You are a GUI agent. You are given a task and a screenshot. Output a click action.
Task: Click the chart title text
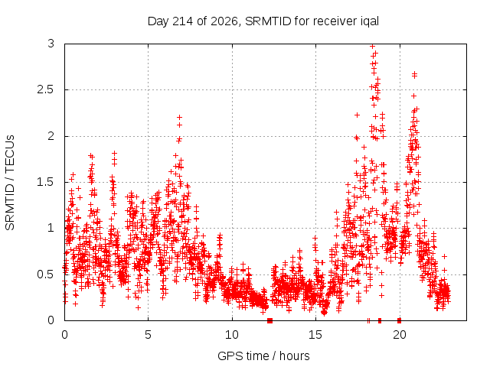pyautogui.click(x=263, y=21)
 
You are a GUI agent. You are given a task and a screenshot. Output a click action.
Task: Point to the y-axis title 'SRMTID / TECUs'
pyautogui.click(x=10, y=183)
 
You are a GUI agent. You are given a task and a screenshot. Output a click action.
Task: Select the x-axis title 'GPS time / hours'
pyautogui.click(x=263, y=356)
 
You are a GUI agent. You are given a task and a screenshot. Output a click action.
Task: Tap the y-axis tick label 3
pyautogui.click(x=51, y=44)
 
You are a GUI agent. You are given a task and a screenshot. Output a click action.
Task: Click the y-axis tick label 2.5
pyautogui.click(x=46, y=90)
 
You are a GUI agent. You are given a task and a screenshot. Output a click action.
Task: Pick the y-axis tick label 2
pyautogui.click(x=51, y=136)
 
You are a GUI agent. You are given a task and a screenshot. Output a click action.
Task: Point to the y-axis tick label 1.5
pyautogui.click(x=46, y=182)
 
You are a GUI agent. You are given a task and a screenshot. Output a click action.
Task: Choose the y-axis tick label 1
pyautogui.click(x=51, y=228)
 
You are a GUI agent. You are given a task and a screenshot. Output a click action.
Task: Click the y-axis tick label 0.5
pyautogui.click(x=46, y=274)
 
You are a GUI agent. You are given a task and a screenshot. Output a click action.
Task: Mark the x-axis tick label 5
pyautogui.click(x=148, y=335)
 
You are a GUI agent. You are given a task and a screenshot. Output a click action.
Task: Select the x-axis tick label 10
pyautogui.click(x=231, y=335)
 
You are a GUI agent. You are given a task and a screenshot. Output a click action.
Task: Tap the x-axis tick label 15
pyautogui.click(x=315, y=335)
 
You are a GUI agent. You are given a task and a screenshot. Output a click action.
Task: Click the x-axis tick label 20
pyautogui.click(x=399, y=335)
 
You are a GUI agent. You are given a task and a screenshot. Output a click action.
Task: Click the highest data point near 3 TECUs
pyautogui.click(x=372, y=47)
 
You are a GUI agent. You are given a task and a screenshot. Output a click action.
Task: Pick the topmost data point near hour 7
pyautogui.click(x=179, y=117)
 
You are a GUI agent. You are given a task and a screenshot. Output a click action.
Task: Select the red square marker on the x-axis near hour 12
pyautogui.click(x=270, y=320)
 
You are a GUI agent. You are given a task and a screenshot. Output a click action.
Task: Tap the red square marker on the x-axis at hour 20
pyautogui.click(x=399, y=320)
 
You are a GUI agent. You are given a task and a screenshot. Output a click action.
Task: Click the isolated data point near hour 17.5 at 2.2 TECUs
pyautogui.click(x=357, y=115)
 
